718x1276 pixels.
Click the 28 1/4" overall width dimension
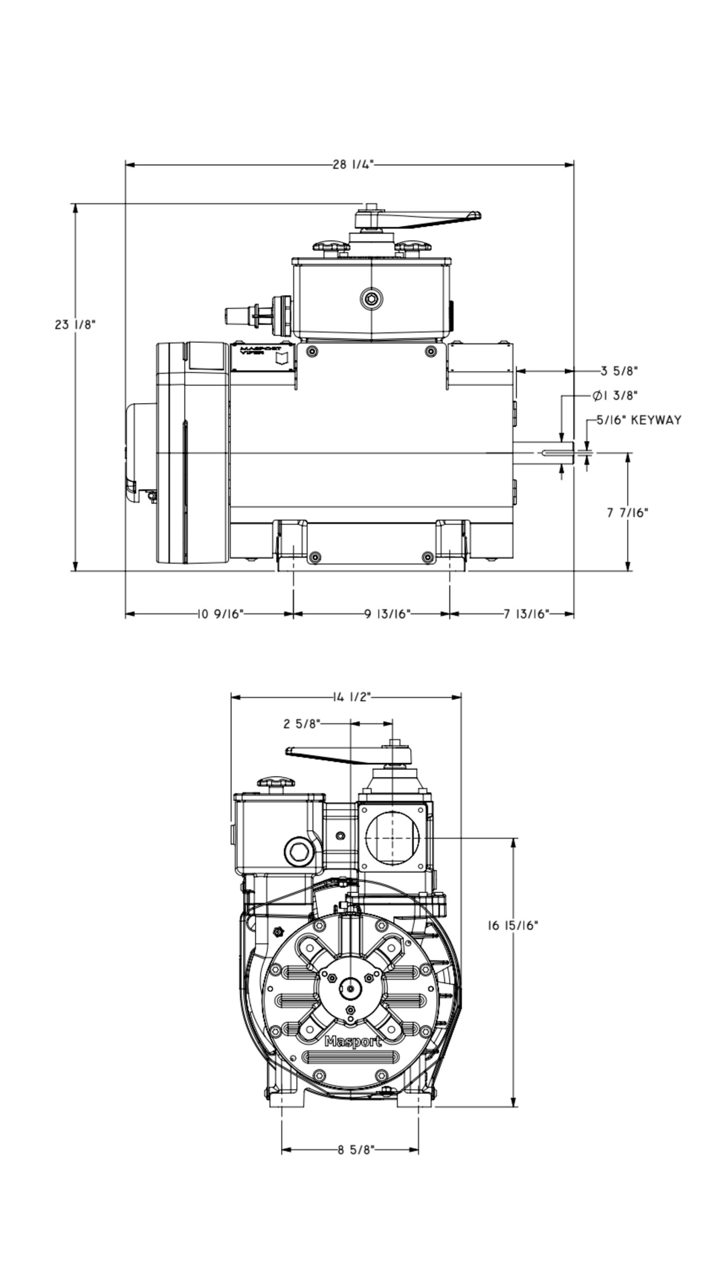click(353, 164)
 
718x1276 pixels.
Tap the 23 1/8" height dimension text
click(75, 325)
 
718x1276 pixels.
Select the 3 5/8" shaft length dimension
click(619, 371)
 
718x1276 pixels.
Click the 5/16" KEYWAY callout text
click(639, 420)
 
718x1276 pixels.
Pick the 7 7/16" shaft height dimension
click(627, 512)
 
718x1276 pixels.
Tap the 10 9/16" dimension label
click(220, 614)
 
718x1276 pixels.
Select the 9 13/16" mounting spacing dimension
click(387, 614)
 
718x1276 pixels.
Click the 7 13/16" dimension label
click(526, 614)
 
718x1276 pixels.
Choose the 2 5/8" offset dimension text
click(302, 723)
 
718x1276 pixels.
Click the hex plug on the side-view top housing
click(371, 299)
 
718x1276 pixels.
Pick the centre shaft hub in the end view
click(351, 989)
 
